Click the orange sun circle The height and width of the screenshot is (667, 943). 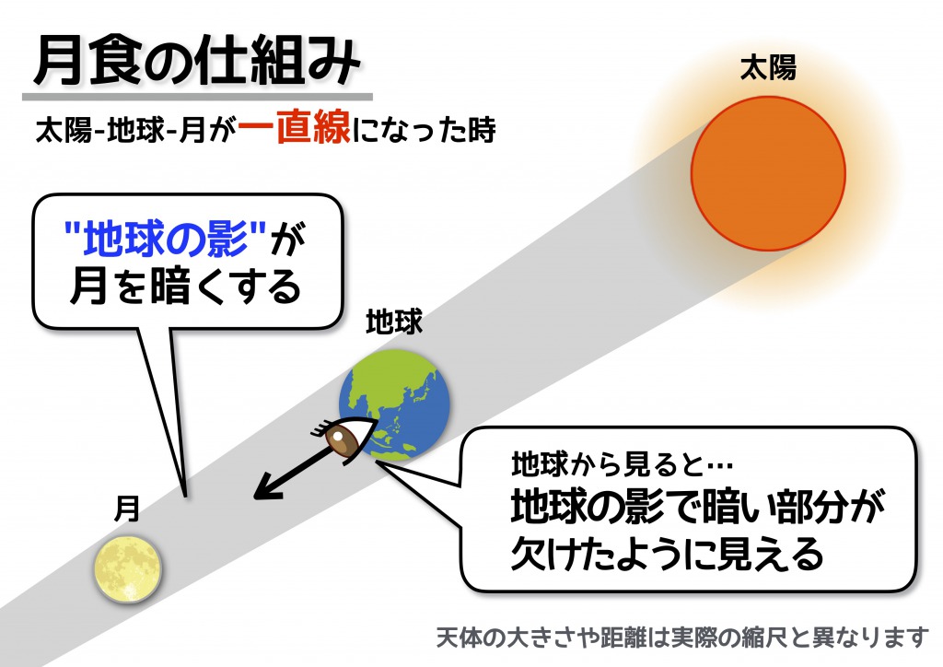click(x=768, y=173)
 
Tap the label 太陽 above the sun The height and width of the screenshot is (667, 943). click(x=768, y=68)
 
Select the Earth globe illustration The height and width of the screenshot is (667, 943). click(x=394, y=404)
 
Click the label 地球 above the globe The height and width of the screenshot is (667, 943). click(x=394, y=322)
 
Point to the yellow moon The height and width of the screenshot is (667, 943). click(x=128, y=568)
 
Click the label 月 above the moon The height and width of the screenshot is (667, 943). click(x=127, y=509)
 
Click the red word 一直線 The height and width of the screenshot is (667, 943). click(x=294, y=128)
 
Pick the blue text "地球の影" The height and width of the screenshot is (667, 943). click(x=165, y=239)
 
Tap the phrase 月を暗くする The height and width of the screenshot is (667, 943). click(x=186, y=287)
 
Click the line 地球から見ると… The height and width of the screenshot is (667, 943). click(x=622, y=463)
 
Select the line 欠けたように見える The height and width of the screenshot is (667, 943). click(x=667, y=554)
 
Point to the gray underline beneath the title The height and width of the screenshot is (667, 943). click(x=197, y=96)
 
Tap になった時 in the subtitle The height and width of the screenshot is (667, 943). click(x=424, y=129)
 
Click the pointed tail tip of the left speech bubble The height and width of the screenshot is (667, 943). click(x=185, y=497)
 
